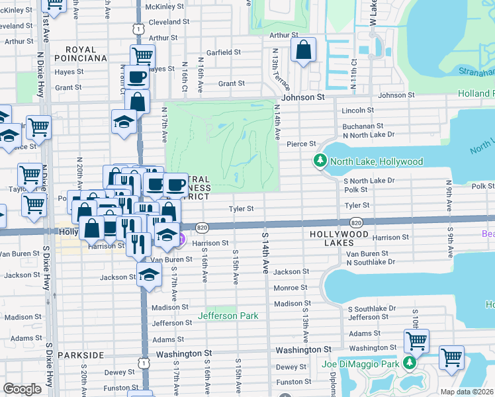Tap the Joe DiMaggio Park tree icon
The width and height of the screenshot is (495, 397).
pos(410,363)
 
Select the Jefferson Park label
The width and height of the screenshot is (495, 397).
pos(232,316)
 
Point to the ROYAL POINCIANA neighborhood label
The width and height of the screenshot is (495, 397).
pos(86,54)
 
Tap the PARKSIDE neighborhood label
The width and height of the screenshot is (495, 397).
pos(81,355)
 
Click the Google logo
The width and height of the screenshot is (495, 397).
pos(22,389)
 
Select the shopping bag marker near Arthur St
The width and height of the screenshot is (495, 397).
pos(302,50)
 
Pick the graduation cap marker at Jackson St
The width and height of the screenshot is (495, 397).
pos(150,275)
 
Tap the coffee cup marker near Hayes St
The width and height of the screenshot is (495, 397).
pos(138,77)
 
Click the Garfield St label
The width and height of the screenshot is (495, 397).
pos(223,52)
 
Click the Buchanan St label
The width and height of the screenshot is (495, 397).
pos(363,126)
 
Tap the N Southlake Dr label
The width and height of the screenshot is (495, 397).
pos(370,262)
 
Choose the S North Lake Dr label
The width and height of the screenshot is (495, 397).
pos(369,181)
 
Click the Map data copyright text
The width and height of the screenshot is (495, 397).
pos(466,392)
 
